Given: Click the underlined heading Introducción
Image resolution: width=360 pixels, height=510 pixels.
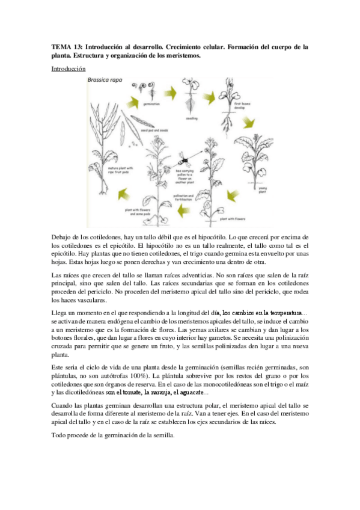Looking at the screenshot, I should pyautogui.click(x=68, y=69).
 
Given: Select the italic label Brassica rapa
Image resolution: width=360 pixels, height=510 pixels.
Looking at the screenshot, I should pyautogui.click(x=105, y=79).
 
